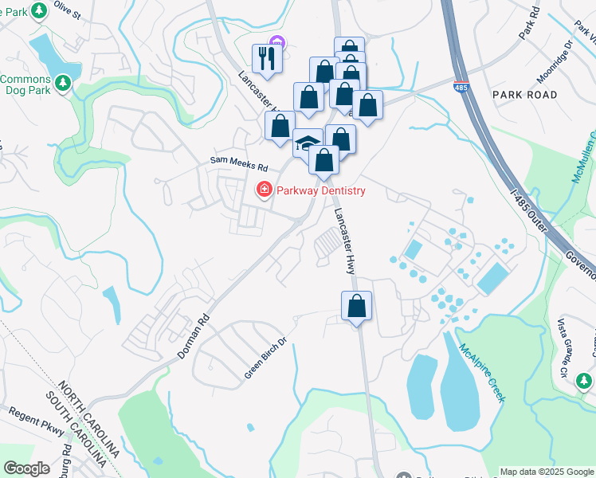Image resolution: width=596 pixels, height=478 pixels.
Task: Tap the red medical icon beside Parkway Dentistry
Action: coord(262,190)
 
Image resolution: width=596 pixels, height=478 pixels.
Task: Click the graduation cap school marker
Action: coord(308,143)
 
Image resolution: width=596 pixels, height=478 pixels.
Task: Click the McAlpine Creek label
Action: coord(480,372)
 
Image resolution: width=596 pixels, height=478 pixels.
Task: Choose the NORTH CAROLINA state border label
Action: coord(89,423)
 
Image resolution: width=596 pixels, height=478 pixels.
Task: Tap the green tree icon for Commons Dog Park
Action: coord(63,81)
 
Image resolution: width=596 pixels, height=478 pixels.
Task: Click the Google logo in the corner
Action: coord(27,468)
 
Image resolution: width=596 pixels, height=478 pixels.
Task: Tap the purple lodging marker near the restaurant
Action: coord(276,42)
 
